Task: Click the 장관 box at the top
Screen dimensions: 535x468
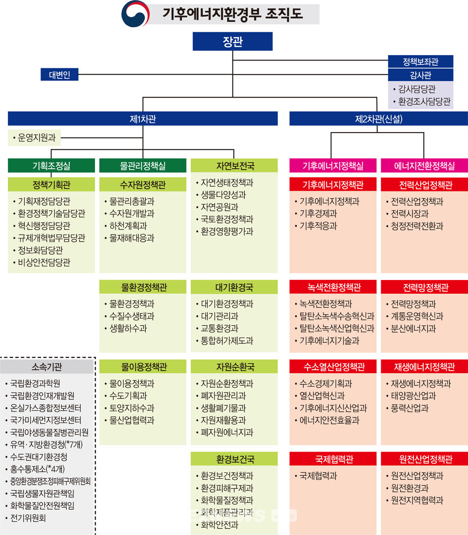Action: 232,41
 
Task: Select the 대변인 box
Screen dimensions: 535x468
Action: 59,75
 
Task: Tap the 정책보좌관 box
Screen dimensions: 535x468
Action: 420,61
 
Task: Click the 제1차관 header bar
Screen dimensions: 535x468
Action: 142,119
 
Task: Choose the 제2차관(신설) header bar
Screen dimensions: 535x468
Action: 378,119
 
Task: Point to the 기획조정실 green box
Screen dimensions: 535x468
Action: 51,166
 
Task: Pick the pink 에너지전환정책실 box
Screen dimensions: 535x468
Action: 424,166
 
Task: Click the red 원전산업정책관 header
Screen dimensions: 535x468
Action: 424,459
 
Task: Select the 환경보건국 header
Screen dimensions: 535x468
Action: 234,459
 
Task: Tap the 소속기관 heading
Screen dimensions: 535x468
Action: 47,366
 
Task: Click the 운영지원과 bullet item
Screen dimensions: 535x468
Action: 36,139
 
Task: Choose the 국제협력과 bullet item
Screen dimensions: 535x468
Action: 318,476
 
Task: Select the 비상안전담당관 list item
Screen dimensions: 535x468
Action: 44,262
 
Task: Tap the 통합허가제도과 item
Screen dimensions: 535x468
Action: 227,341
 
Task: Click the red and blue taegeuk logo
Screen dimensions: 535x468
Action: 135,13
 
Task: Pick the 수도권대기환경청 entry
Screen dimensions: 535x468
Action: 39,457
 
